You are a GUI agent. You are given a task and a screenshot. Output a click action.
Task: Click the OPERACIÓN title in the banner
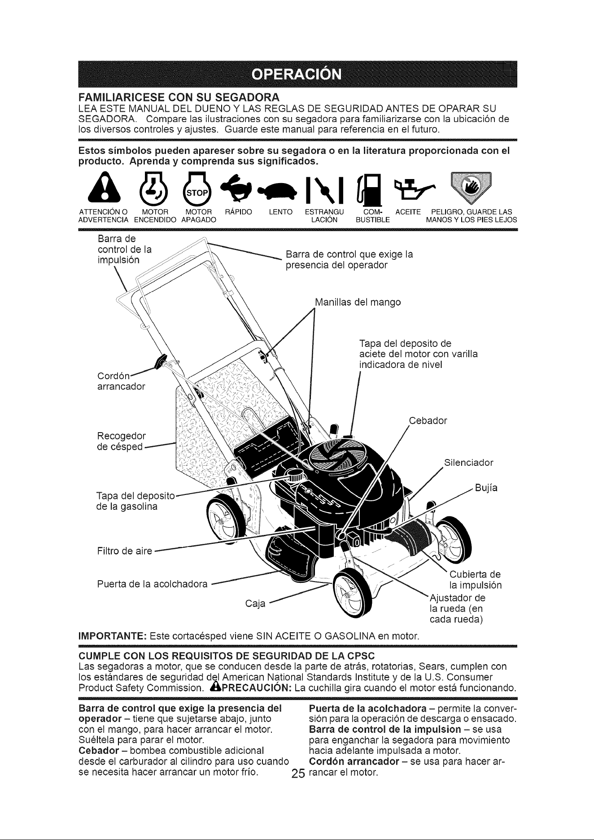tap(297, 73)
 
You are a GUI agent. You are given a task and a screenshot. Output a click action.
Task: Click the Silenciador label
tap(468, 463)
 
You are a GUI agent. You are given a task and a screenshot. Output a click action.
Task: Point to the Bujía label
tap(487, 488)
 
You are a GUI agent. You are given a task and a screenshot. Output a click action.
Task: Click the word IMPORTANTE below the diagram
tap(111, 636)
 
